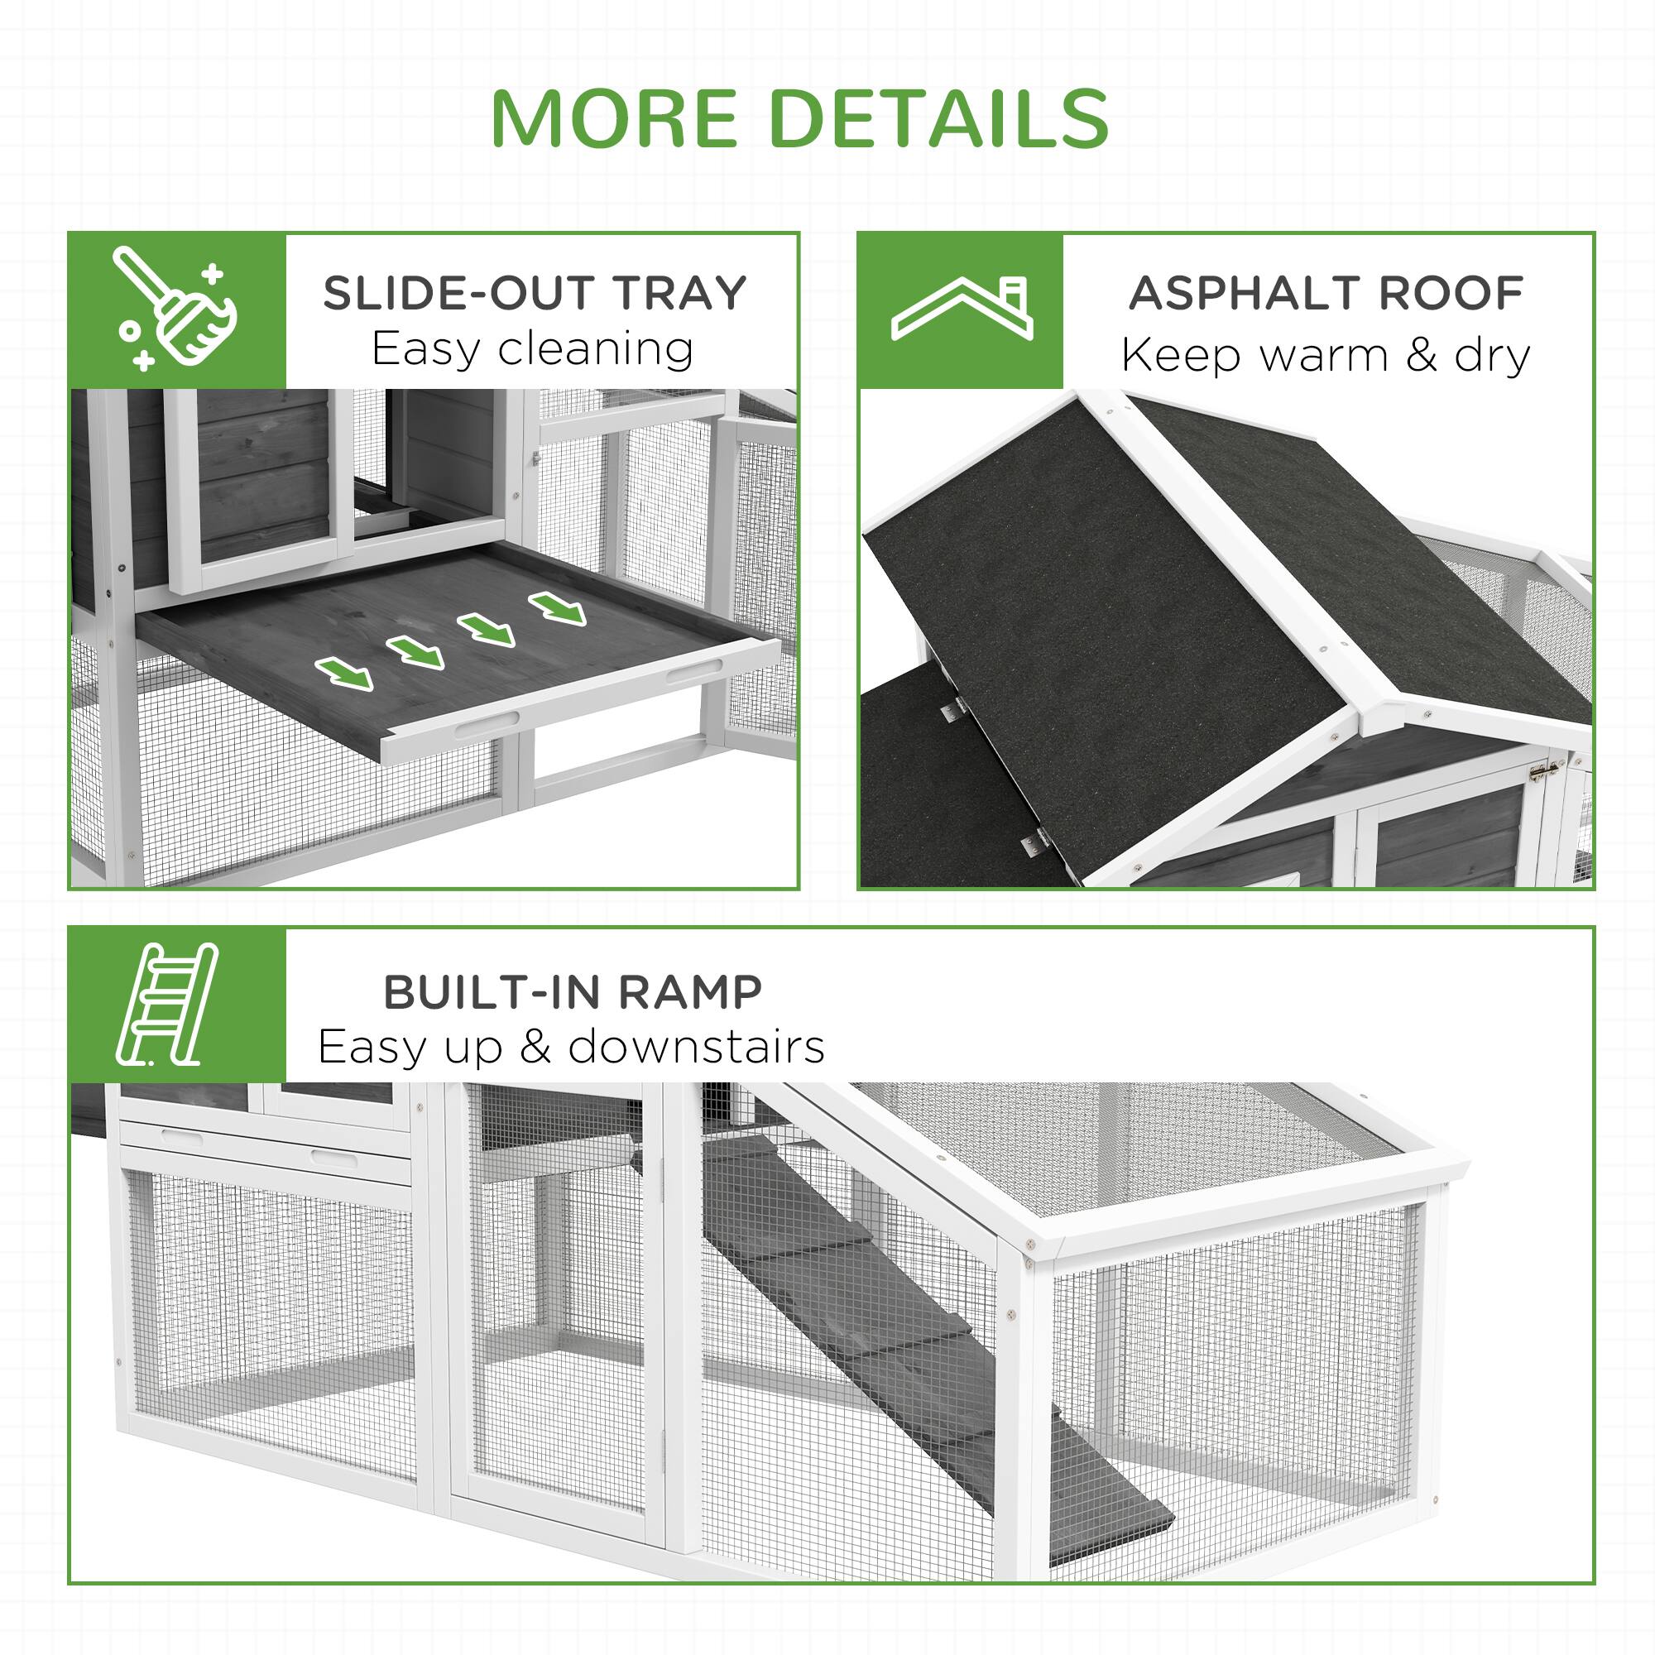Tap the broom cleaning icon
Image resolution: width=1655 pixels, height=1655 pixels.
click(x=176, y=309)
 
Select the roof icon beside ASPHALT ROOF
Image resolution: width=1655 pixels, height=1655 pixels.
click(x=962, y=309)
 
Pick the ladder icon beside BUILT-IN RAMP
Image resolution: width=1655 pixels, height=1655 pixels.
click(x=168, y=1004)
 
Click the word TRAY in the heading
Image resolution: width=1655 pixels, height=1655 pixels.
click(x=679, y=293)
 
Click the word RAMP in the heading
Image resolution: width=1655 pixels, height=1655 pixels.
click(x=688, y=992)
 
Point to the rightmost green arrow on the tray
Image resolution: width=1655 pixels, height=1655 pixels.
click(x=558, y=607)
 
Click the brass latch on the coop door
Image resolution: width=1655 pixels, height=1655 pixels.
click(x=1544, y=772)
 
